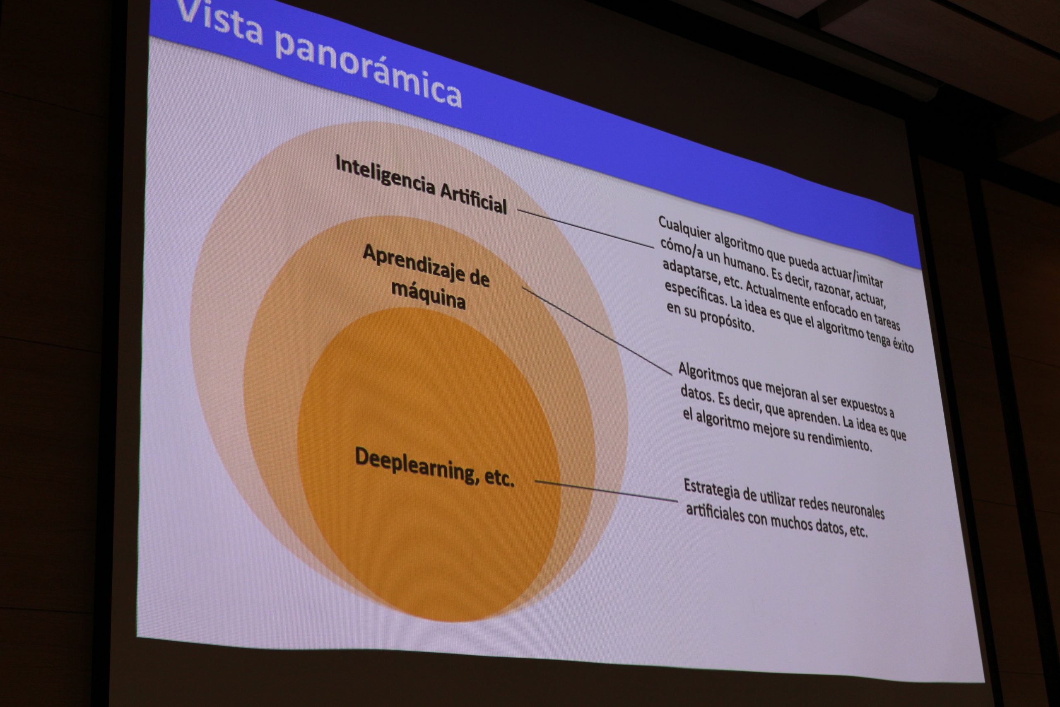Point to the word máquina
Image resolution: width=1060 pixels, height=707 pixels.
click(428, 295)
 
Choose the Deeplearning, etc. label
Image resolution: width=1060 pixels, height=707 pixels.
click(434, 467)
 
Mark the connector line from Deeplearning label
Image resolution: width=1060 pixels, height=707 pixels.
click(606, 491)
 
